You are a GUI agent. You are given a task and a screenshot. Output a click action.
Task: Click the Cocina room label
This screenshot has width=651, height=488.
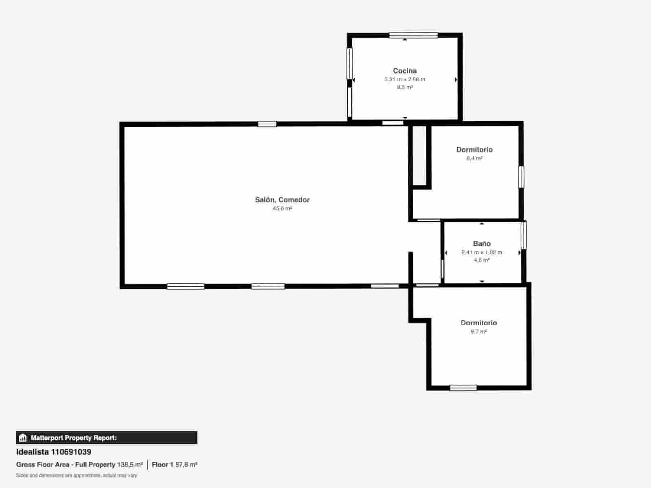click(404, 71)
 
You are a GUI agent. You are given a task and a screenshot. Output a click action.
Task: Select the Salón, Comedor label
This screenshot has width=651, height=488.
click(282, 200)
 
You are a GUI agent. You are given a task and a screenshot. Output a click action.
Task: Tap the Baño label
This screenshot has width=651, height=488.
click(482, 244)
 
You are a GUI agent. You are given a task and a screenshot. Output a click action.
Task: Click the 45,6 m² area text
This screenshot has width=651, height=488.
click(282, 209)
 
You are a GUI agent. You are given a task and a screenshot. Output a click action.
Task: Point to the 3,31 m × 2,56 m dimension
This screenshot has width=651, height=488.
click(404, 80)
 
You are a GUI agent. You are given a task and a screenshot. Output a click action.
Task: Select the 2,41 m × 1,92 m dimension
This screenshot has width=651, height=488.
click(482, 252)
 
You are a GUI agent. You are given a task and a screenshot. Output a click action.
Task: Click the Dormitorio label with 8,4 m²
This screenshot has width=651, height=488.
click(474, 150)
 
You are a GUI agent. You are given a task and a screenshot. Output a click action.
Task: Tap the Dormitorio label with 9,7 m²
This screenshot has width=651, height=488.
click(478, 323)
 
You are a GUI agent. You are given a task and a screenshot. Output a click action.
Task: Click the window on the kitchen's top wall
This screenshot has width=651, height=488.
click(413, 35)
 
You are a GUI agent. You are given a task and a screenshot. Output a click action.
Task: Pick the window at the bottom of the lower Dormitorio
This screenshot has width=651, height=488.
click(463, 388)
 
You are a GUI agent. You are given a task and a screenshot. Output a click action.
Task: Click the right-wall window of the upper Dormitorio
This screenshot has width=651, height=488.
click(521, 177)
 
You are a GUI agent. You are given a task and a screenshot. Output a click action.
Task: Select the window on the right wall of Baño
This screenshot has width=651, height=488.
click(524, 235)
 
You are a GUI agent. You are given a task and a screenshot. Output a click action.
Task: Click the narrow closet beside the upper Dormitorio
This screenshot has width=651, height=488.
click(419, 155)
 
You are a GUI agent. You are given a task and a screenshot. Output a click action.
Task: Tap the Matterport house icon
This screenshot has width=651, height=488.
click(23, 438)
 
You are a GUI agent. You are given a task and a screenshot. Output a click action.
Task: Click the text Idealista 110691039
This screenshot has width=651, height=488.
click(54, 452)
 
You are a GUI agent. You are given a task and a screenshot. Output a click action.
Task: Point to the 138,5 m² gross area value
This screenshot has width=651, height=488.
click(130, 464)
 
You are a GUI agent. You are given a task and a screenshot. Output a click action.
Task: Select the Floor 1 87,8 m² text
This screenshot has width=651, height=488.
click(175, 464)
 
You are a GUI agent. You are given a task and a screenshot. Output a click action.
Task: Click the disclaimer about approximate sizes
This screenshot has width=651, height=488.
click(76, 475)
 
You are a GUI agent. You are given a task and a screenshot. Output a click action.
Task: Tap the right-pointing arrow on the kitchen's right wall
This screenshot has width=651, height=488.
click(456, 80)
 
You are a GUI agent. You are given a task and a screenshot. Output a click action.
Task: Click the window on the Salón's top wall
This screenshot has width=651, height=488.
click(267, 124)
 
